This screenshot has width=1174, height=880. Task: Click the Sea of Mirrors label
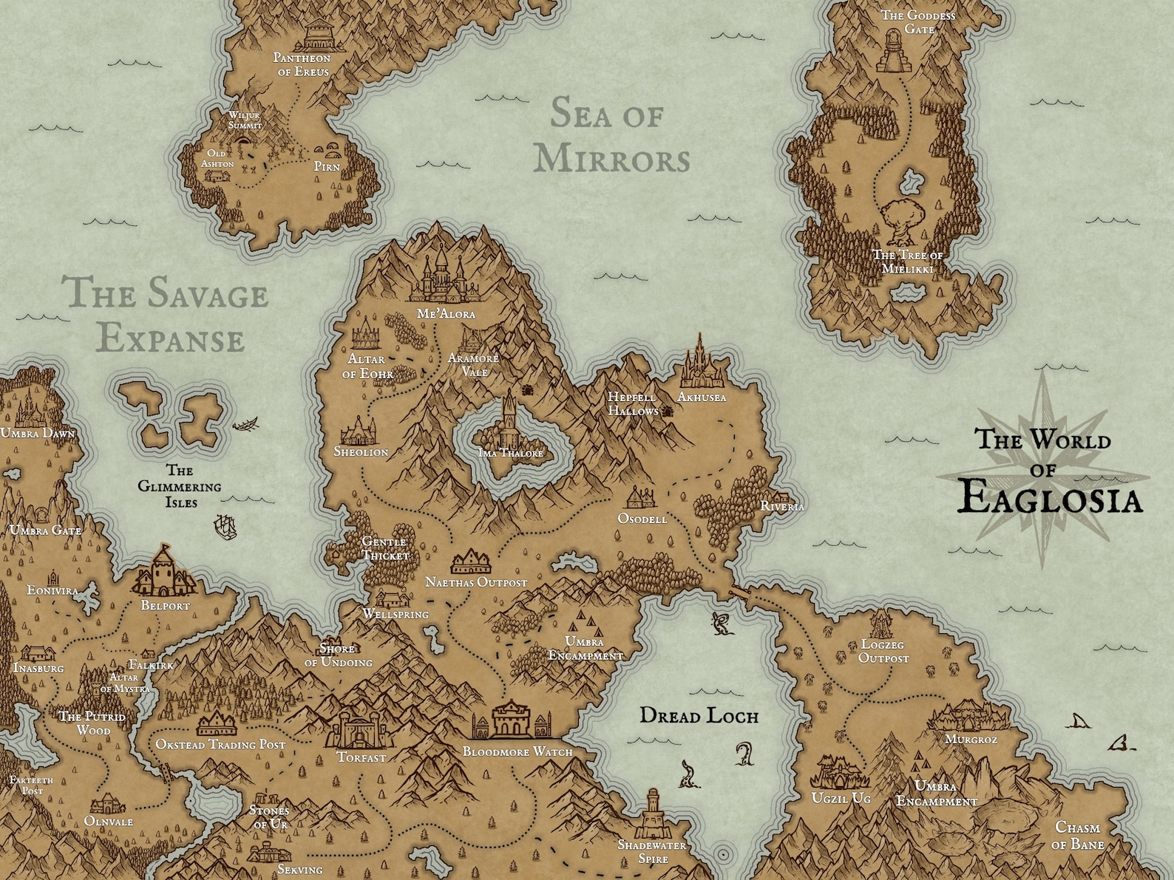pyautogui.click(x=611, y=137)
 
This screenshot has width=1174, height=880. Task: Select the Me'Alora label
pyautogui.click(x=446, y=313)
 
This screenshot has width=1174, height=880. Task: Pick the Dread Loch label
pyautogui.click(x=699, y=715)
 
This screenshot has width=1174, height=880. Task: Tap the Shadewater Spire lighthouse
pyautogui.click(x=653, y=812)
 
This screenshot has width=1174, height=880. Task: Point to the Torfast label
pyautogui.click(x=362, y=757)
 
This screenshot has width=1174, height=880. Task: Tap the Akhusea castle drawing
pyautogui.click(x=699, y=364)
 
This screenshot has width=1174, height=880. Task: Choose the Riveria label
pyautogui.click(x=782, y=506)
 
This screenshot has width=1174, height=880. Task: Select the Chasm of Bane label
pyautogui.click(x=1079, y=836)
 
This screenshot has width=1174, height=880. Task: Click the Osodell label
pyautogui.click(x=642, y=519)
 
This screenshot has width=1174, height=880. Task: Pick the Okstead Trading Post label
pyautogui.click(x=220, y=745)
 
